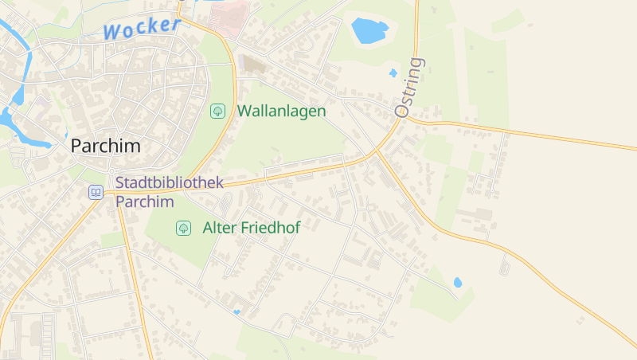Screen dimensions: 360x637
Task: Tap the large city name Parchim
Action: click(105, 146)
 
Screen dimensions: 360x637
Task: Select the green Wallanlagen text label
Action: click(281, 111)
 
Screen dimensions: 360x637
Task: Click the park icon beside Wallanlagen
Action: click(217, 111)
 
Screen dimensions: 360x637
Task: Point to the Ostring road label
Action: click(411, 88)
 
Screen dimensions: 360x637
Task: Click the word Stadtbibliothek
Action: click(169, 182)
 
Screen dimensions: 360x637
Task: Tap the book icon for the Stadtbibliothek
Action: click(96, 192)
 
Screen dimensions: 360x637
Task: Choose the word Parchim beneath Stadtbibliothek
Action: click(144, 202)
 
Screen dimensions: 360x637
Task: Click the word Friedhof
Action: click(270, 228)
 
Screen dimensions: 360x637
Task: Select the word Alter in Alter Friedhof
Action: click(218, 228)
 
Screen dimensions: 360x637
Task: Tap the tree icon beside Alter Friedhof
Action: click(183, 228)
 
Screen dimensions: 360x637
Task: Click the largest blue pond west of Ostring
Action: click(369, 31)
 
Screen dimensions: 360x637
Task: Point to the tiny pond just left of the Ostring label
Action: click(393, 72)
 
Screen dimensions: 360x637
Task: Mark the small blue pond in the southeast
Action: click(458, 282)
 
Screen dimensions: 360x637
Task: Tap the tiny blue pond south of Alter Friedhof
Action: click(236, 311)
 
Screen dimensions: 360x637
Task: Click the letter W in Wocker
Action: click(113, 33)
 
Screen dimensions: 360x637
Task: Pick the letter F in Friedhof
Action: click(245, 228)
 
